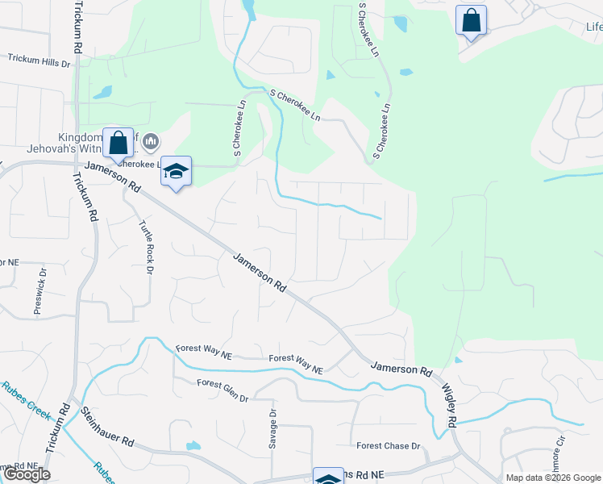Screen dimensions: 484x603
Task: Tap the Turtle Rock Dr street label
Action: coord(146,247)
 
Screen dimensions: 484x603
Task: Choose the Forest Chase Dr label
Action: coord(389,446)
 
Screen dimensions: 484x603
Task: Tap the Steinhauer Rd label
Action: coord(107,428)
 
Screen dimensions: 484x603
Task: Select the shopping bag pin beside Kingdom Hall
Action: coord(118,144)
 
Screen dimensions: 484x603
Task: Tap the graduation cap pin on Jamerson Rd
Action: coord(176,171)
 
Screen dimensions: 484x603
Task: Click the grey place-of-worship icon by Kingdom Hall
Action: coord(150,144)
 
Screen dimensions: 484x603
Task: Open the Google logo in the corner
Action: coord(27,474)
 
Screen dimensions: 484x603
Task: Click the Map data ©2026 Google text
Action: coord(553,478)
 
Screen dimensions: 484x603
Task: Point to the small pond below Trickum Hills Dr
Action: coord(102,92)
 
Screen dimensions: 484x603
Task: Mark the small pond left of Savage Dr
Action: coord(193,445)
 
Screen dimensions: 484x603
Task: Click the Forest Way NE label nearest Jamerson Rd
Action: coord(296,364)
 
